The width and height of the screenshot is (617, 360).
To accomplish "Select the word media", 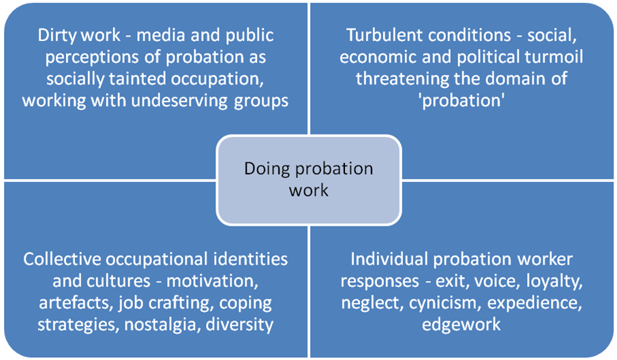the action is point(160,35).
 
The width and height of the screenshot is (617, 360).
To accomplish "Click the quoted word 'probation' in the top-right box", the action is point(462,101).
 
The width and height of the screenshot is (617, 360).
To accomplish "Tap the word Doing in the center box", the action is point(267,169).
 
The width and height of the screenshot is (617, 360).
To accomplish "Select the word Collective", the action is point(62,260).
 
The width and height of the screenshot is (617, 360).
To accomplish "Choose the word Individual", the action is point(389,260).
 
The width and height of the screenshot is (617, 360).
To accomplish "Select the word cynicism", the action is point(442,303).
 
